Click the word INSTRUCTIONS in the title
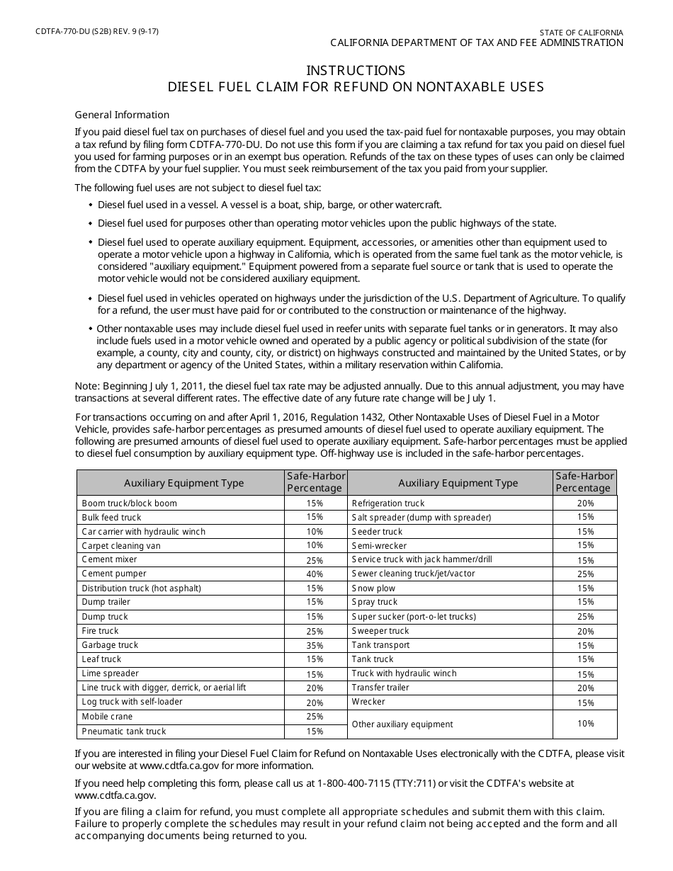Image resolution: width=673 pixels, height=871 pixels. click(356, 70)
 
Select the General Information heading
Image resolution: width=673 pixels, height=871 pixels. click(122, 115)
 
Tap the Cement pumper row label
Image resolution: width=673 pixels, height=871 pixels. click(114, 574)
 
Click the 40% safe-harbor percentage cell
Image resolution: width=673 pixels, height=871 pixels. click(315, 574)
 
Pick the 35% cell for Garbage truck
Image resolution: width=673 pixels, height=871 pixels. click(315, 645)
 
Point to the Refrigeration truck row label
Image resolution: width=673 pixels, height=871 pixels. click(388, 503)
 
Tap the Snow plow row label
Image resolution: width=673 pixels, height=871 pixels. click(373, 588)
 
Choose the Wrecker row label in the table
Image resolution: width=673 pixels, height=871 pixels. click(368, 702)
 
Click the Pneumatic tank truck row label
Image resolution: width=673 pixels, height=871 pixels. click(124, 731)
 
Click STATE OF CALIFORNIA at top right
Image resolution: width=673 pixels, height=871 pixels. click(581, 33)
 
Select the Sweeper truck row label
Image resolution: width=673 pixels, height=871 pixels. click(380, 631)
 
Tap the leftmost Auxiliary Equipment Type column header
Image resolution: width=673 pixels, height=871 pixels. click(183, 483)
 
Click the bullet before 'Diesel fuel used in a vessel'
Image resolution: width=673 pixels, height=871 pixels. click(91, 205)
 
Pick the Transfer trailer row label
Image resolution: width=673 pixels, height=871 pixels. click(380, 688)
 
